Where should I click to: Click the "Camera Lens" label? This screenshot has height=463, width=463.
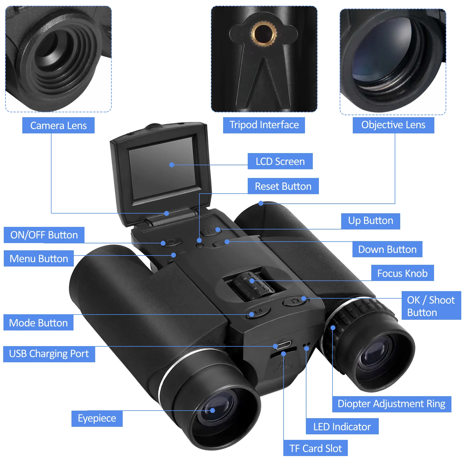click(x=58, y=125)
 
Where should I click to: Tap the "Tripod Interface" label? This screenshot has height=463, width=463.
click(x=264, y=125)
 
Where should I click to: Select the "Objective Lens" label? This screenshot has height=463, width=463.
click(x=393, y=125)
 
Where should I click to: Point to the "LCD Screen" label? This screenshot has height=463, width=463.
click(x=280, y=161)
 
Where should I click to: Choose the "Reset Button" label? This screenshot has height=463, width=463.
click(x=283, y=186)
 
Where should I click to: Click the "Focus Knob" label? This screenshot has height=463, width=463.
click(x=402, y=273)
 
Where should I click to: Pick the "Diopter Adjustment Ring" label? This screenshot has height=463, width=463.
click(x=391, y=404)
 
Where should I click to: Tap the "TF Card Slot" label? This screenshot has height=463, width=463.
click(x=315, y=448)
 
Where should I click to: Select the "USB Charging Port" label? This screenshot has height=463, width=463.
click(x=49, y=354)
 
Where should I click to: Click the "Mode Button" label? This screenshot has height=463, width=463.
click(x=38, y=323)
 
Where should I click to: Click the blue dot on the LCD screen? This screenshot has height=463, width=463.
click(x=172, y=165)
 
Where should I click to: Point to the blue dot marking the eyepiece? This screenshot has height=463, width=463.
click(x=212, y=410)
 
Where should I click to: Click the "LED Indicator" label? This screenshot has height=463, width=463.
click(x=342, y=427)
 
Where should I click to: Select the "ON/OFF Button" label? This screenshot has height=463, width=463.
click(x=44, y=235)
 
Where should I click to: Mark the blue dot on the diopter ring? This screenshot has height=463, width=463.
click(x=333, y=328)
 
